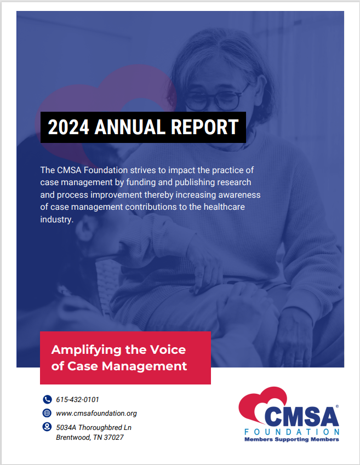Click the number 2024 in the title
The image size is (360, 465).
[x=68, y=127]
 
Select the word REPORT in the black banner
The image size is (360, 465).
[x=204, y=127]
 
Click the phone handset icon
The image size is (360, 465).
[x=47, y=399]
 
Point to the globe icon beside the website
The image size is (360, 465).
[x=47, y=413]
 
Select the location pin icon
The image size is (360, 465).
[x=47, y=427]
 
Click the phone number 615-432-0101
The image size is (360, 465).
[x=77, y=399]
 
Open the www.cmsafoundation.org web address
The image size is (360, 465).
[x=96, y=414]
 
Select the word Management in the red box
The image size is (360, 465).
[x=144, y=366]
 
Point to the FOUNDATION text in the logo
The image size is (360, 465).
[x=292, y=432]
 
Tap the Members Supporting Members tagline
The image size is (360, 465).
[x=292, y=439]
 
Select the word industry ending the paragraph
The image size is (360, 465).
[x=56, y=220]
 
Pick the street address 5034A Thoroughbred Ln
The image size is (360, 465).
[x=94, y=428]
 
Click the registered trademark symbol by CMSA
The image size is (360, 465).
[x=337, y=406]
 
